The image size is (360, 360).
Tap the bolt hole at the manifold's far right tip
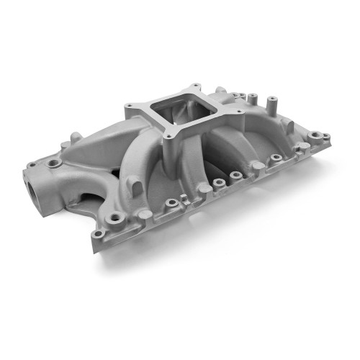click(325, 135)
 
